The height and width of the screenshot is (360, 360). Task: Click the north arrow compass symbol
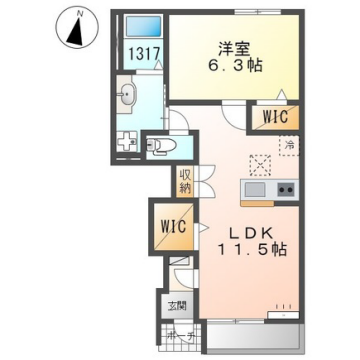[73, 27]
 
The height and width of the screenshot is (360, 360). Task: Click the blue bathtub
[140, 28]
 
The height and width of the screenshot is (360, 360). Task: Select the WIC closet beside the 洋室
[270, 116]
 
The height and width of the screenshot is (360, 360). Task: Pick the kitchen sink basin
[254, 190]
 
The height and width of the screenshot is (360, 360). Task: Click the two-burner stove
[284, 190]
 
